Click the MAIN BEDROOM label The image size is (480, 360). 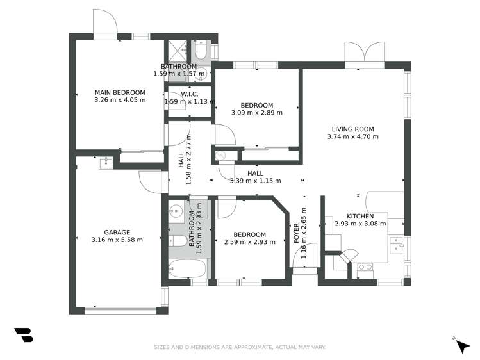[x=119, y=92]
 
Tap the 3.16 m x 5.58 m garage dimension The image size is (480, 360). [x=117, y=240]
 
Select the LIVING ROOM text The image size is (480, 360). [x=352, y=128]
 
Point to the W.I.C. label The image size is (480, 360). [x=190, y=94]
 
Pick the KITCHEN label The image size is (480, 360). [x=360, y=216]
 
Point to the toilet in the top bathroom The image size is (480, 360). [x=201, y=50]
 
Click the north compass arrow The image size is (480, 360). [x=461, y=345]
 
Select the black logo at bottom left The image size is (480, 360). [x=24, y=335]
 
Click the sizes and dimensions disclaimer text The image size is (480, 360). [x=240, y=347]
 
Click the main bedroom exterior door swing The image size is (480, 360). [x=104, y=24]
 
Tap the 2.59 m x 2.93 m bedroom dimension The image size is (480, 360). [x=249, y=242]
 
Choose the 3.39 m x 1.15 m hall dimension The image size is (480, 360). [x=255, y=181]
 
